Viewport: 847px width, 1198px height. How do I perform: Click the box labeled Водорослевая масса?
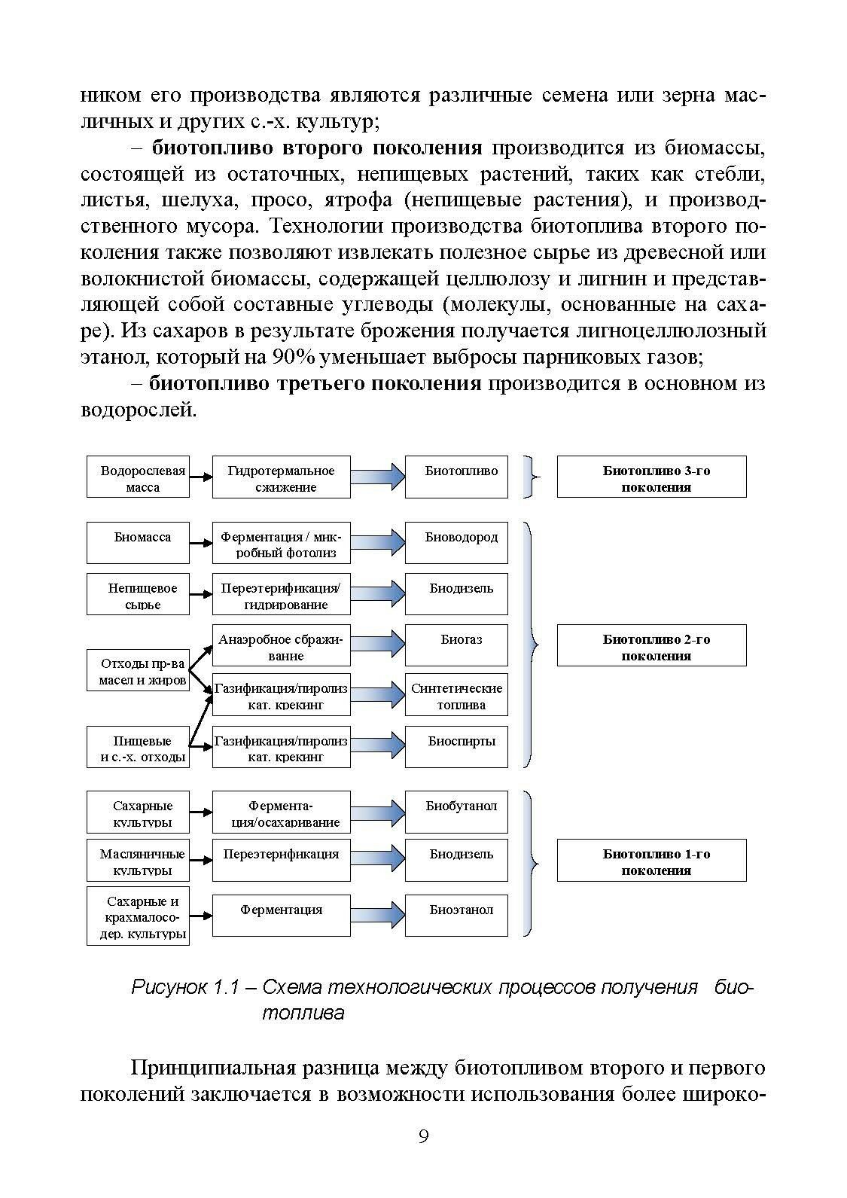138,477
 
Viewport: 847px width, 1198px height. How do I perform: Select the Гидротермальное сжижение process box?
281,477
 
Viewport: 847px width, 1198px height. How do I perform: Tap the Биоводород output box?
456,541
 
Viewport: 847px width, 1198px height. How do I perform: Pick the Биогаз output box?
456,645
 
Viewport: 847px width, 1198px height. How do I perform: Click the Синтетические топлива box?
456,695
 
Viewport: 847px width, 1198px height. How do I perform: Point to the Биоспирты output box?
456,746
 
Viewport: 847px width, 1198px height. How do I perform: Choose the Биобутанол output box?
456,811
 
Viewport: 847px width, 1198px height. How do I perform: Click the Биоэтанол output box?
456,914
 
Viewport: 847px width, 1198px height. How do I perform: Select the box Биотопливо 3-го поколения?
651,477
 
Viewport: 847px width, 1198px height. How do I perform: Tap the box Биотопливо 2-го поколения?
651,645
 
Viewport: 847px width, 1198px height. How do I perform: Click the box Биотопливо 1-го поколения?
651,861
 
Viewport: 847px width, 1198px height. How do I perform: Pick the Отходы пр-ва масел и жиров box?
138,670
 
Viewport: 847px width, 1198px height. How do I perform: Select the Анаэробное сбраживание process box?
281,645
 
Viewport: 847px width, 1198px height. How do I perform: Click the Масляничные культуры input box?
138,861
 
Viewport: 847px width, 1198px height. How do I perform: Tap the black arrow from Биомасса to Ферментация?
200,542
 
